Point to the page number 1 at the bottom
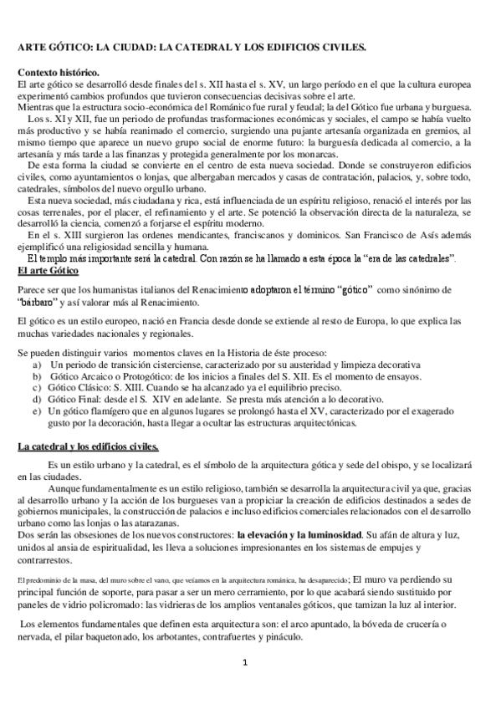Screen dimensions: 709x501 coord(245,663)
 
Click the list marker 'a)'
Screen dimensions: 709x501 coord(38,365)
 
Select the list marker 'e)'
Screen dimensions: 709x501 coord(38,411)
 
